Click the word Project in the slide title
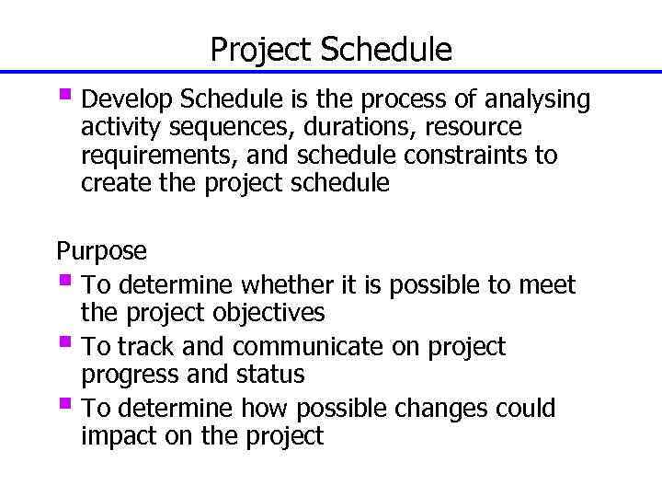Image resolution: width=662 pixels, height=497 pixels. point(261,50)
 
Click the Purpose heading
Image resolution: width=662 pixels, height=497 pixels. point(101,251)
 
